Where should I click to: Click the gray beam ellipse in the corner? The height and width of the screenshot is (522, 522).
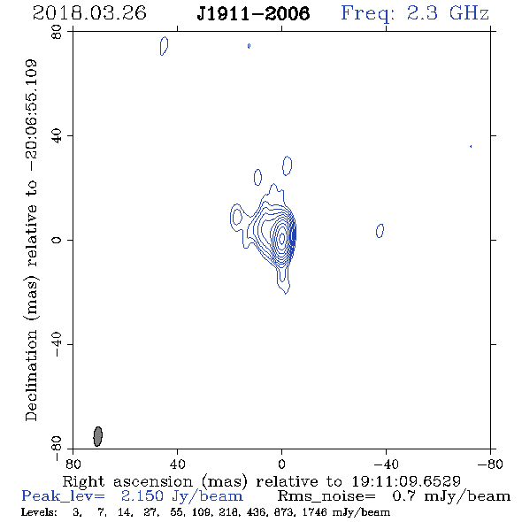click(x=97, y=436)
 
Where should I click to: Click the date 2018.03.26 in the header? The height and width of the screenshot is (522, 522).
click(x=89, y=13)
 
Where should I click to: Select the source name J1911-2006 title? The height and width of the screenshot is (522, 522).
click(x=253, y=14)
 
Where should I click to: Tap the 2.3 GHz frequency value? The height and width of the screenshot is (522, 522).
click(x=448, y=13)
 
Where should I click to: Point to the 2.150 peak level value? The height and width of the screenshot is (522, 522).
click(x=142, y=496)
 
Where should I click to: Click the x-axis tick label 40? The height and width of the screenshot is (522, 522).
click(x=177, y=464)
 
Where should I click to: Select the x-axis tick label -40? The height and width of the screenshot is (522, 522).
click(x=386, y=464)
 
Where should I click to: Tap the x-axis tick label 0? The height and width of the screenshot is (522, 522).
click(x=281, y=464)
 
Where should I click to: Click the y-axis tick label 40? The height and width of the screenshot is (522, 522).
click(x=57, y=135)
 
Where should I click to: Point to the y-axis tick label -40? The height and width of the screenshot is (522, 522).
click(x=57, y=344)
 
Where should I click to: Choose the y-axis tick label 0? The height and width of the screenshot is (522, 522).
click(x=57, y=240)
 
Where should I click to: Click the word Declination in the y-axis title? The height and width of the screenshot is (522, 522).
click(x=31, y=375)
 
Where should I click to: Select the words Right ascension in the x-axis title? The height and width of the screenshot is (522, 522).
click(x=127, y=481)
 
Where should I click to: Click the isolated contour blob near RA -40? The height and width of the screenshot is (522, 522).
click(x=380, y=231)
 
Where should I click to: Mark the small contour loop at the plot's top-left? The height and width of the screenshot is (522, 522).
click(x=165, y=46)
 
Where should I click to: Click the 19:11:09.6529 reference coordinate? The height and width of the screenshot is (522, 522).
click(x=406, y=481)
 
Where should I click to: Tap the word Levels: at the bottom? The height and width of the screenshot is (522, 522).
click(x=39, y=512)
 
